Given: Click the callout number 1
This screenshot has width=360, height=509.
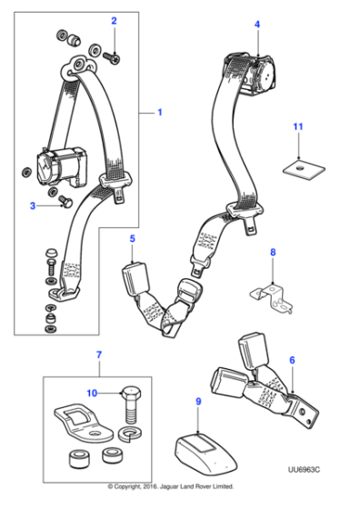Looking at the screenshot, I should click(x=160, y=113).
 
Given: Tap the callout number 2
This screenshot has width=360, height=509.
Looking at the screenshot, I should click(x=114, y=21).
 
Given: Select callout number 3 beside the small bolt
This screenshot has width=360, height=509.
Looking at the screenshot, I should click(x=34, y=206).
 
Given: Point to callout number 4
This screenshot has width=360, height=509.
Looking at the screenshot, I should click(x=257, y=25).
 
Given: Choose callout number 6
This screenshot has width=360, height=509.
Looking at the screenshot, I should click(x=292, y=361).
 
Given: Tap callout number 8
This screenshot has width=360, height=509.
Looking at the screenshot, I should click(x=271, y=251).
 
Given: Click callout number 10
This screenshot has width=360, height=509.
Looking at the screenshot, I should click(x=91, y=394).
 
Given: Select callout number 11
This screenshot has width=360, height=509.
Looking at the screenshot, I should click(x=296, y=125).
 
